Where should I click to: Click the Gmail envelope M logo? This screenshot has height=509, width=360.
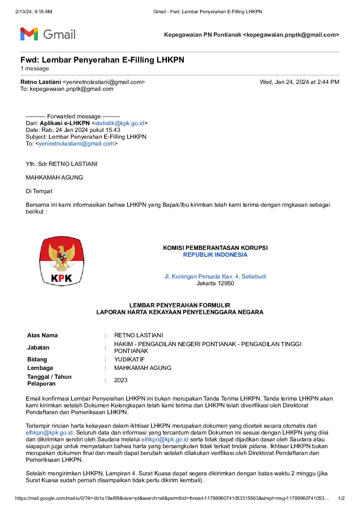pos(29,34)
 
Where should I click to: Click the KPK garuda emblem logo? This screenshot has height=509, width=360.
pos(62,261)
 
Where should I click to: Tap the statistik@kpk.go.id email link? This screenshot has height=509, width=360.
pos(119,123)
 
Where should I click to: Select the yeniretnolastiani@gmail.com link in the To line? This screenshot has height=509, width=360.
pos(77,143)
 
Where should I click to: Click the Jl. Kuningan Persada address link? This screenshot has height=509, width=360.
pos(215,276)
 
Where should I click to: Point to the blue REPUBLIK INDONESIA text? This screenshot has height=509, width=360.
pos(215,255)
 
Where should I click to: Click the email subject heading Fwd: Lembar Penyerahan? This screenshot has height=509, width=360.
pos(102,60)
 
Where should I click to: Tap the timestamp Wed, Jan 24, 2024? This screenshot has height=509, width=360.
pos(299,82)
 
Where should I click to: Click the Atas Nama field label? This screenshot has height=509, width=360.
pos(43,335)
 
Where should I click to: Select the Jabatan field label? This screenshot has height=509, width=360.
pos(38,347)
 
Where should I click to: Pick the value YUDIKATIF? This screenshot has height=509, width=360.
pos(129,359)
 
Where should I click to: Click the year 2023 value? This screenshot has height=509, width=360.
pos(121,380)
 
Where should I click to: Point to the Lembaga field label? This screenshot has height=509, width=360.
pos(40,368)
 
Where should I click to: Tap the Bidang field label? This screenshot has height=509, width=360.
pos(37,359)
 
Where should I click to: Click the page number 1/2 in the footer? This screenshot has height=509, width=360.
pos(341,498)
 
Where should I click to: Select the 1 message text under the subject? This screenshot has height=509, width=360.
pos(35,69)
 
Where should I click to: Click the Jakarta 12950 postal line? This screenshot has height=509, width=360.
pos(215,283)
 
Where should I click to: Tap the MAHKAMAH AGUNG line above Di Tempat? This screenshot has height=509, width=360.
pos(54,177)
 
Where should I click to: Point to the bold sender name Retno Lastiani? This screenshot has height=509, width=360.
pos(41,82)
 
